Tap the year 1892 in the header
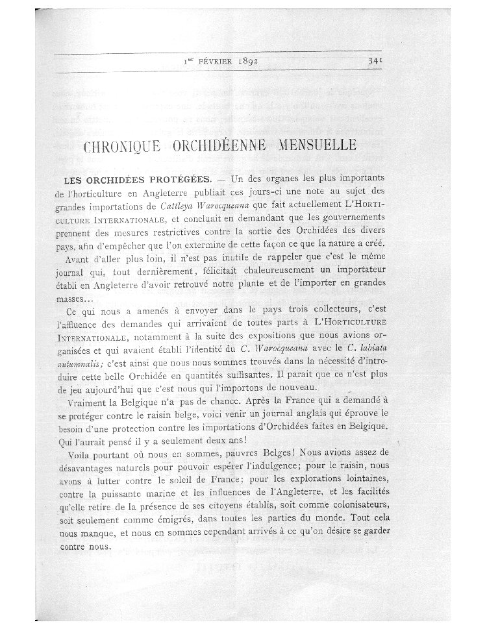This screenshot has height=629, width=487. pyautogui.click(x=241, y=62)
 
